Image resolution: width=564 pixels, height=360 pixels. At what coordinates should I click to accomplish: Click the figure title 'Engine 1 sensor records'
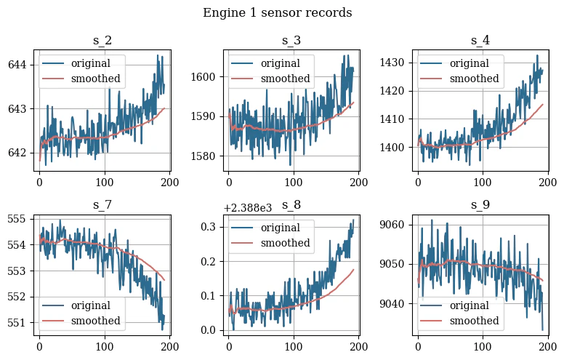[x=277, y=13]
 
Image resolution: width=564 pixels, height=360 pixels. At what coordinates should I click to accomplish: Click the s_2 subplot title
[x=102, y=41]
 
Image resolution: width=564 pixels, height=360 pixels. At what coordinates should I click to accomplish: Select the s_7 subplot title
[x=102, y=205]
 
